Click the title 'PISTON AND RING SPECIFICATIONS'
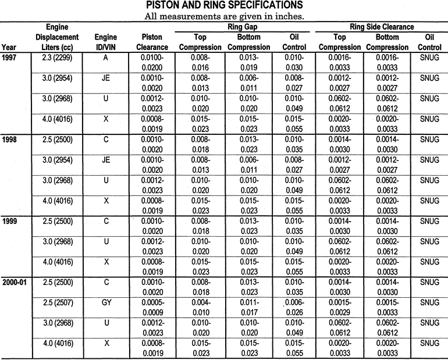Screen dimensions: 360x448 click(x=224, y=6)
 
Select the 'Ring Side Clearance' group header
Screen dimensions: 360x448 click(x=382, y=27)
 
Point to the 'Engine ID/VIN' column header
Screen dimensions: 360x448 click(x=105, y=42)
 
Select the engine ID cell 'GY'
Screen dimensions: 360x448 click(x=105, y=302)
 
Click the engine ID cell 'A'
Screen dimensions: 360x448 click(x=105, y=58)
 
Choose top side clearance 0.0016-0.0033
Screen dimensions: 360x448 click(x=339, y=62)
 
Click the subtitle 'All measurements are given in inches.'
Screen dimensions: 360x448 click(x=224, y=16)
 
